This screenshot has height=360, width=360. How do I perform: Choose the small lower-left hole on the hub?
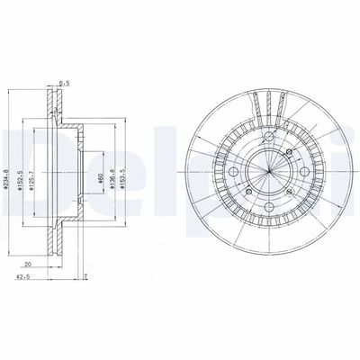(x=244, y=193)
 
